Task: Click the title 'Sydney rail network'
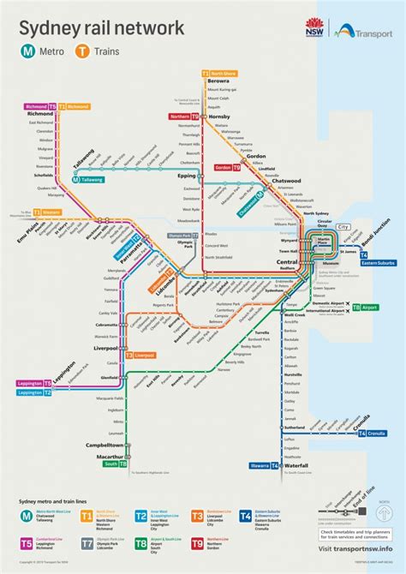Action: click(101, 28)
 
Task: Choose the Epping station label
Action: click(188, 175)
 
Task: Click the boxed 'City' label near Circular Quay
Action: click(343, 227)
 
